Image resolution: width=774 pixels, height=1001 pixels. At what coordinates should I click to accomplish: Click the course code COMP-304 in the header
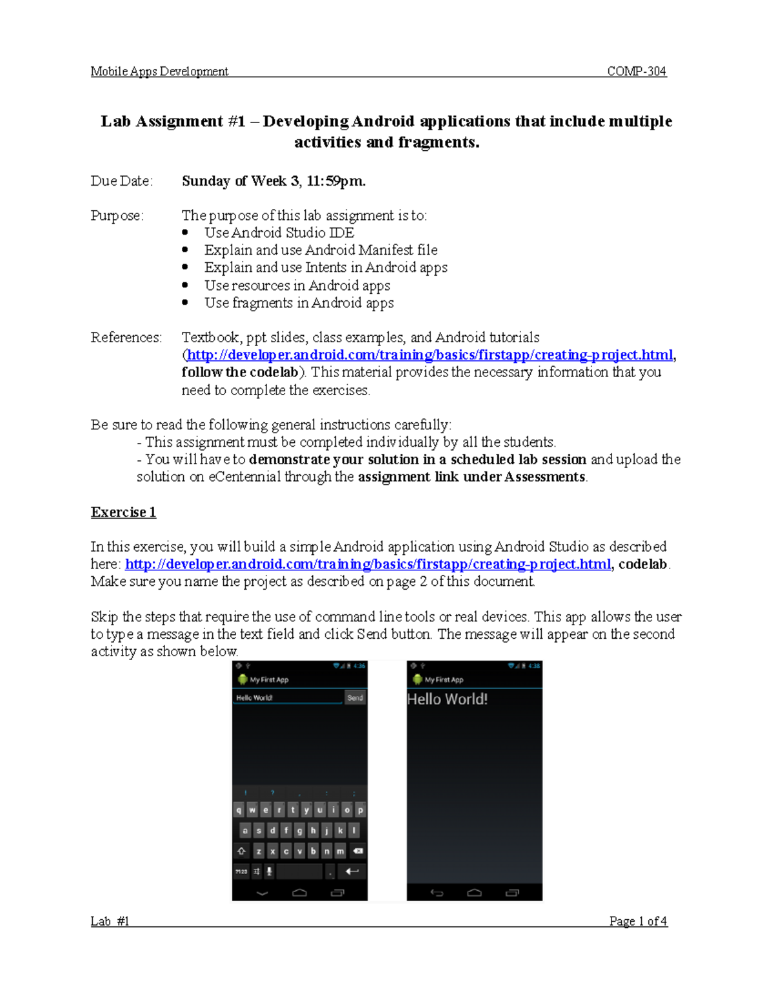point(636,72)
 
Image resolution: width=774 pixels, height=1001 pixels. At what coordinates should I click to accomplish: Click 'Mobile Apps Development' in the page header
point(159,72)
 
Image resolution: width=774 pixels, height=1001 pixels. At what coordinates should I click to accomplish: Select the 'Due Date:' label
point(122,181)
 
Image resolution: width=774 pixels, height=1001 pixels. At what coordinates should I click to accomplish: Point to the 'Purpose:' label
point(117,215)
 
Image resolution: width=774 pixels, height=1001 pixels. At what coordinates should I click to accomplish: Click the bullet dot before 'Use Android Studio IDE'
point(185,233)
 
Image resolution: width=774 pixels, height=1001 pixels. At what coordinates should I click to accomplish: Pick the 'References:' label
point(126,338)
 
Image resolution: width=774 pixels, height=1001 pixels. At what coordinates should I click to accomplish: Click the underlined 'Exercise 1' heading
point(123,512)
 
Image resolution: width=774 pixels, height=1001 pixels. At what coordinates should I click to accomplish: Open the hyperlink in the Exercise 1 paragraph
point(368,565)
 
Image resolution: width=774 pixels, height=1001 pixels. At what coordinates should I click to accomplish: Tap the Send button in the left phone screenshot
point(355,698)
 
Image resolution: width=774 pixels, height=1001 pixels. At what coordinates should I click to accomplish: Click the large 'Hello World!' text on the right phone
point(447,699)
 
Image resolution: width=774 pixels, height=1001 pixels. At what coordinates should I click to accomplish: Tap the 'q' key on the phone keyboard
point(239,810)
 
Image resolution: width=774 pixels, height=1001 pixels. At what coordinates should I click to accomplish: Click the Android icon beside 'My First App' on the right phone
point(417,679)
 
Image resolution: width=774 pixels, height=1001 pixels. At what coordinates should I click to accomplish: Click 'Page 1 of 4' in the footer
point(638,921)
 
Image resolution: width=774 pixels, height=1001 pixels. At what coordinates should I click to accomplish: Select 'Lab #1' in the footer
point(110,921)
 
